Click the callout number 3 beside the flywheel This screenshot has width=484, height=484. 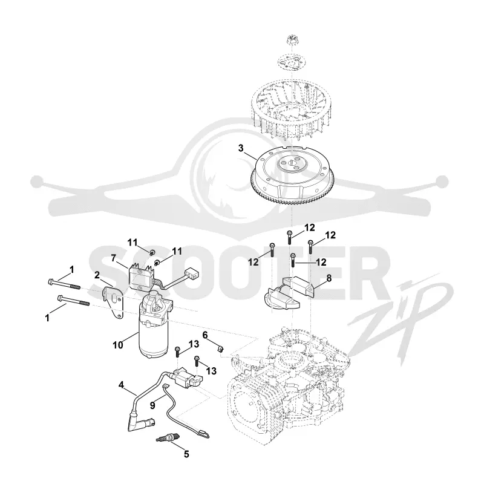click(241, 148)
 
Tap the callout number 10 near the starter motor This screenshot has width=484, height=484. click(118, 345)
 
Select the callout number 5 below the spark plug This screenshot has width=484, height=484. click(186, 454)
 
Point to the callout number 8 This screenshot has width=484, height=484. click(329, 278)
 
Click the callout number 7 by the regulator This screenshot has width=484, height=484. click(113, 258)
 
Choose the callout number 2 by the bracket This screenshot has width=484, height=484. click(97, 275)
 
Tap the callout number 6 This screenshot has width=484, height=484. click(205, 335)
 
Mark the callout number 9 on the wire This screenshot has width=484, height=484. click(152, 405)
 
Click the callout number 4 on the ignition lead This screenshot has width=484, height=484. click(121, 385)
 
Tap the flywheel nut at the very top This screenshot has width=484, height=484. click(291, 39)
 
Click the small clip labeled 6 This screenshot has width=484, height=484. click(220, 349)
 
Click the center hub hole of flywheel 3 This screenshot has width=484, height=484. click(292, 163)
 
